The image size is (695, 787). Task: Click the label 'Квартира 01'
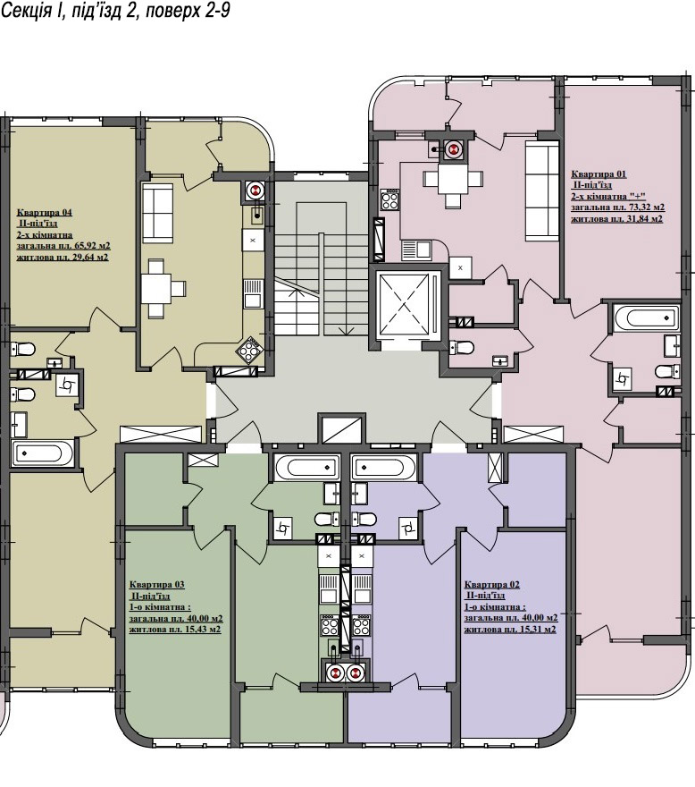[599, 174]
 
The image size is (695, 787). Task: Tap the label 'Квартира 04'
[44, 212]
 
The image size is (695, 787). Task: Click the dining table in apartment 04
[163, 289]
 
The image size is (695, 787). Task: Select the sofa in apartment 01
[541, 190]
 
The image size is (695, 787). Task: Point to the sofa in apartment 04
[158, 213]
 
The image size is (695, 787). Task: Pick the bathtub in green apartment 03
[306, 467]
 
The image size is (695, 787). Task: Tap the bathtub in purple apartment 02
[384, 467]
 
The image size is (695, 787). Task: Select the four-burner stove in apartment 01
[389, 199]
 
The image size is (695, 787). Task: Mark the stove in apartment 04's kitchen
[249, 350]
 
